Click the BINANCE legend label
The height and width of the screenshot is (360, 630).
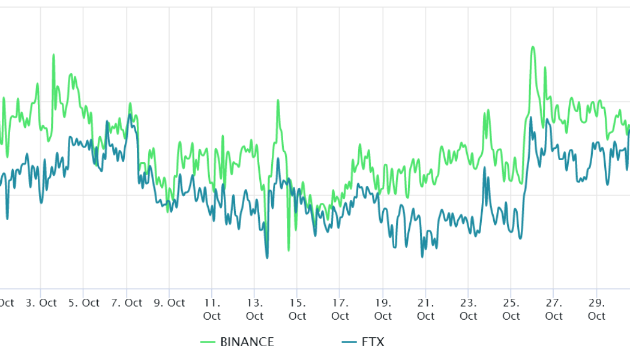coord(247,342)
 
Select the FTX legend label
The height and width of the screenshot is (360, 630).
coord(372,342)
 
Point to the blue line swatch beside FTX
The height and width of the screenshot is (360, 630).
coord(349,342)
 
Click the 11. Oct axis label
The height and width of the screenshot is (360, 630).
coord(212,309)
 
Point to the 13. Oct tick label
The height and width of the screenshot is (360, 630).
coord(254,309)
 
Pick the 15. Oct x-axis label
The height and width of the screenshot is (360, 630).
coord(297,309)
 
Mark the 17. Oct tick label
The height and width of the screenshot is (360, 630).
coord(340,309)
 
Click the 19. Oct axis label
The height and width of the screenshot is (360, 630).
coord(383,309)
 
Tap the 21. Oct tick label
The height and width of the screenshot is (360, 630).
coord(425,309)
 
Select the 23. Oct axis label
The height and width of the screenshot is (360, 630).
coord(469,309)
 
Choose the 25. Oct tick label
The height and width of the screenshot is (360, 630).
coord(511,309)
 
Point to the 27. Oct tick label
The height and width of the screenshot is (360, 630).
coord(554,309)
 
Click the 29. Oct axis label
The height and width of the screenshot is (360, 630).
coord(596,309)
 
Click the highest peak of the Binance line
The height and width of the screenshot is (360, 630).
coord(532,47)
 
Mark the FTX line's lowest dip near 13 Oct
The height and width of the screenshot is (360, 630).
coord(267,258)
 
